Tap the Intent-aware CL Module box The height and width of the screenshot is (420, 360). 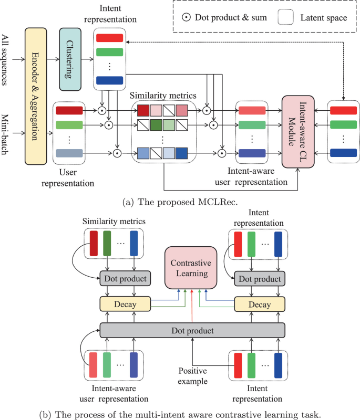click(x=297, y=131)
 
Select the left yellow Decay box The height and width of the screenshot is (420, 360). click(x=125, y=303)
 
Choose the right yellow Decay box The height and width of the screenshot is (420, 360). click(x=259, y=303)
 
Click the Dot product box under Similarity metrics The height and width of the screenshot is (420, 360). click(x=125, y=278)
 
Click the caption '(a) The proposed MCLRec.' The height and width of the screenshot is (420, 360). click(x=180, y=201)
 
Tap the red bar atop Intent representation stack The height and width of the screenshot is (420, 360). click(x=110, y=38)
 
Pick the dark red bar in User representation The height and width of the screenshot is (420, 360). click(x=69, y=111)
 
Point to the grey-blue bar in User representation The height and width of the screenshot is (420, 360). click(x=69, y=153)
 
